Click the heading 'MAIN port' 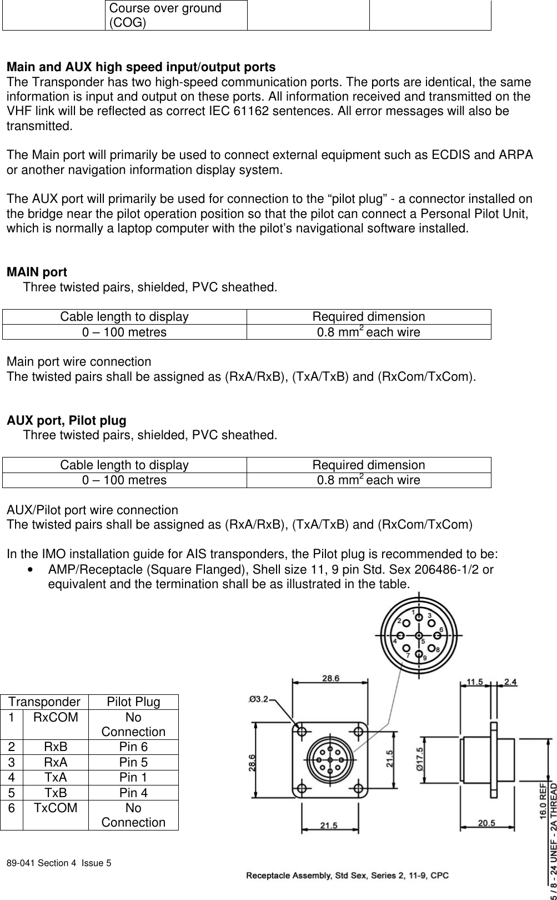pyautogui.click(x=37, y=272)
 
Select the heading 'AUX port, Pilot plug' pyautogui.click(x=66, y=420)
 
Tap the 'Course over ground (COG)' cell pyautogui.click(x=175, y=16)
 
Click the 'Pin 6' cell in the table pyautogui.click(x=133, y=747)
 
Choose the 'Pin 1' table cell pyautogui.click(x=133, y=777)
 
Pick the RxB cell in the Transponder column pyautogui.click(x=56, y=747)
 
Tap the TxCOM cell pyautogui.click(x=56, y=808)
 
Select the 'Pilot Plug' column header pyautogui.click(x=133, y=702)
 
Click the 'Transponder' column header pyautogui.click(x=44, y=702)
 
